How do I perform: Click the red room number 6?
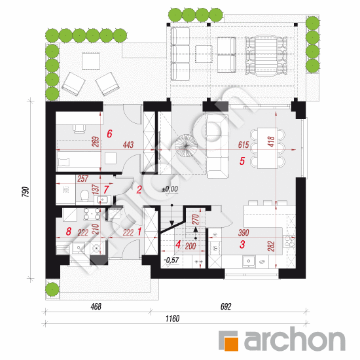[x=109, y=134]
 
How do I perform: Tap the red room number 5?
[x=242, y=161]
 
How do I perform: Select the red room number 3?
[x=242, y=245]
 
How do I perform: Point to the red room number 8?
[x=69, y=232]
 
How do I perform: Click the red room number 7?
[x=106, y=190]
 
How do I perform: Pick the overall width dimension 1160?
[x=172, y=319]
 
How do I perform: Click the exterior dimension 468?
[x=96, y=306]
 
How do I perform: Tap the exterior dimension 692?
[x=226, y=306]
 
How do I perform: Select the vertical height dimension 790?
[x=26, y=192]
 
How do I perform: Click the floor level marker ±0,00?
[x=170, y=189]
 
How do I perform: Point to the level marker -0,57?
[x=171, y=260]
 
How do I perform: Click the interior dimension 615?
[x=243, y=145]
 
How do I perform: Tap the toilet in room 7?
[x=84, y=195]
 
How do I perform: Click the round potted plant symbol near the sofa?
[x=186, y=145]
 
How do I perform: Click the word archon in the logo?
[x=295, y=338]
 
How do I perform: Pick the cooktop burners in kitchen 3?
[x=289, y=242]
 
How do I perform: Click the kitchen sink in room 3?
[x=249, y=262]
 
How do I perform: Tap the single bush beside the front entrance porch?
[x=52, y=289]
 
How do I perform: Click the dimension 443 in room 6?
[x=128, y=145]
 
